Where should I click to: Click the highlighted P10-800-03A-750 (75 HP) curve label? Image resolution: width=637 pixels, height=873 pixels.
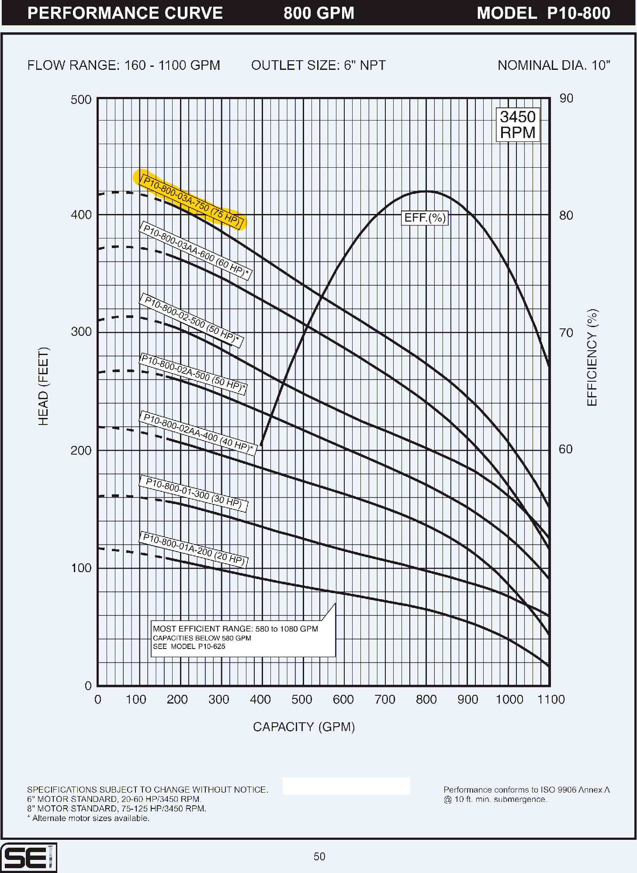(x=191, y=201)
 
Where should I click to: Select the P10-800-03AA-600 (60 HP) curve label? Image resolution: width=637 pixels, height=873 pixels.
(x=195, y=251)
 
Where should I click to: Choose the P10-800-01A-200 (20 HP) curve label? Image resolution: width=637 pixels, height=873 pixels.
(x=193, y=549)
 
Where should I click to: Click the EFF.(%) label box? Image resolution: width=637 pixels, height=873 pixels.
(x=425, y=217)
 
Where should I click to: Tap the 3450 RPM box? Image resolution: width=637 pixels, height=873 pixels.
(x=518, y=124)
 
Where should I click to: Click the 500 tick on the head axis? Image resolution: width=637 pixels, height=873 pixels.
(x=81, y=100)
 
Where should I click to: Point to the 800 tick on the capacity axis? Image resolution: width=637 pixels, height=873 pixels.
(x=426, y=700)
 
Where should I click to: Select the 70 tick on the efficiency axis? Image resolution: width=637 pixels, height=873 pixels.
(x=566, y=333)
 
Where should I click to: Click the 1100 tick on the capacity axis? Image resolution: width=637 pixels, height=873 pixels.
(x=550, y=700)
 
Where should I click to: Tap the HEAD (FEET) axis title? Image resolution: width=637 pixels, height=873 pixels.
(x=43, y=386)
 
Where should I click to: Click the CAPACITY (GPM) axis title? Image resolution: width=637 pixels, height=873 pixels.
(x=304, y=727)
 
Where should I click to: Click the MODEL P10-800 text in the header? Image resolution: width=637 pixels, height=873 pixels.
(x=543, y=13)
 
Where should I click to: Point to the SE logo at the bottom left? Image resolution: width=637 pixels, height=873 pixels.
(x=28, y=857)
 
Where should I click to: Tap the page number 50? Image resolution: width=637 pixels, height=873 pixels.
(x=319, y=856)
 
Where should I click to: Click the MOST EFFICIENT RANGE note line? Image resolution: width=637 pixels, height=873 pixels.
(x=235, y=629)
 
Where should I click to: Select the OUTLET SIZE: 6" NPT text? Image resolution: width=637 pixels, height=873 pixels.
(x=318, y=66)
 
